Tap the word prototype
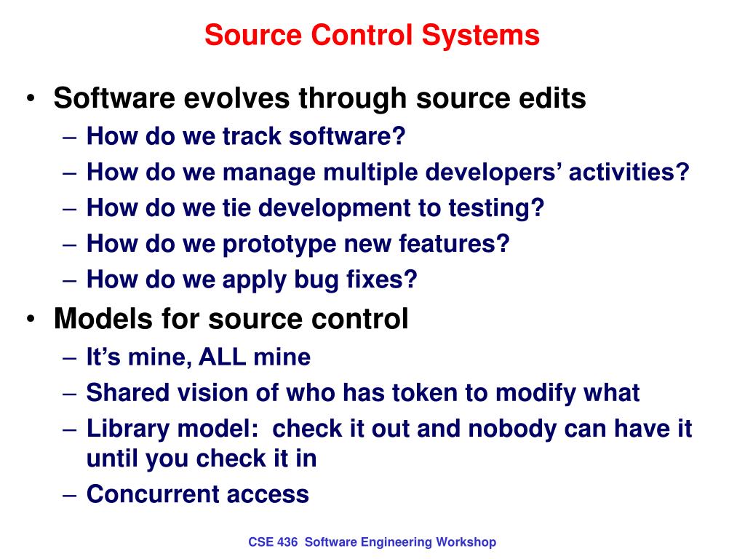click(273, 244)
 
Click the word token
click(426, 393)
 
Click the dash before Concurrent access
click(70, 495)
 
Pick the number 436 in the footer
click(288, 542)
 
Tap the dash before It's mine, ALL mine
click(70, 357)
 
